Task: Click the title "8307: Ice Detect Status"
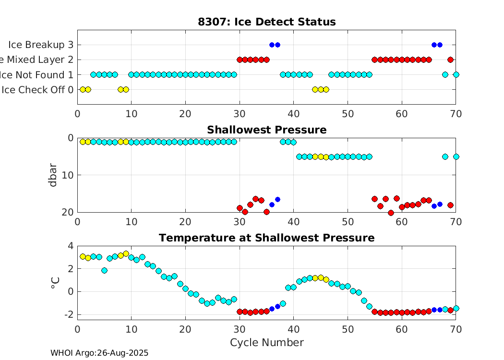(266, 22)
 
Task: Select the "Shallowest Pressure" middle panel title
(266, 130)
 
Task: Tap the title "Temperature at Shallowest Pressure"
(266, 238)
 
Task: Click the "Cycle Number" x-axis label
(266, 342)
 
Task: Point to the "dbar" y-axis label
(53, 175)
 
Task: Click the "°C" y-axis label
(54, 282)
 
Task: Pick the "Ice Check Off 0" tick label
(37, 89)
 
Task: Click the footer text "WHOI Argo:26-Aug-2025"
(99, 353)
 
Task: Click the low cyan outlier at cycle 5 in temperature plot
(104, 270)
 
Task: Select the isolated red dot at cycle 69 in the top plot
(450, 60)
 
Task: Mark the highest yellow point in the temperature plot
(126, 253)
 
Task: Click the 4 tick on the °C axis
(71, 246)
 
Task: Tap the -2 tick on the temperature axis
(68, 314)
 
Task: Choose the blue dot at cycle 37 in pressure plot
(277, 199)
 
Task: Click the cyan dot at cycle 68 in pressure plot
(445, 156)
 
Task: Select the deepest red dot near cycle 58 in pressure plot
(391, 213)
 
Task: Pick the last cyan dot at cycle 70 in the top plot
(456, 74)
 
